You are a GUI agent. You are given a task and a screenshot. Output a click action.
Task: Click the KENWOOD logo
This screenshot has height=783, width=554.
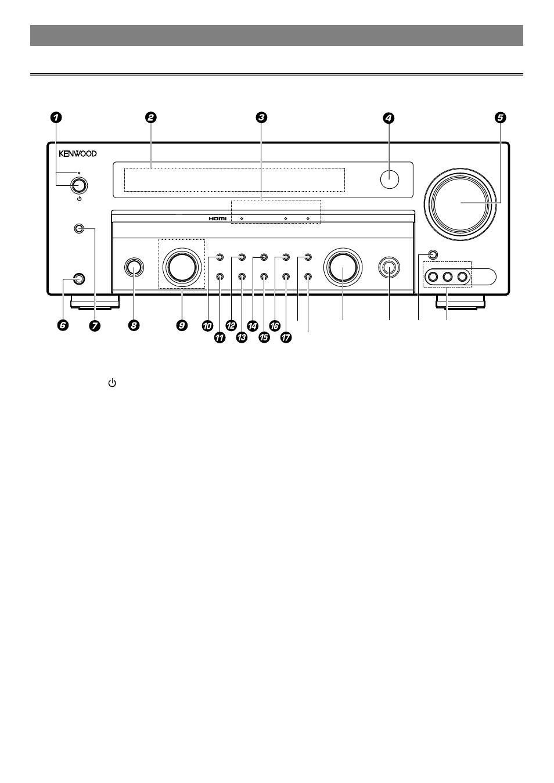(78, 153)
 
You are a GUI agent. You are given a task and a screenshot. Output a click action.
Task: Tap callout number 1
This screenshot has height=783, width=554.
(56, 117)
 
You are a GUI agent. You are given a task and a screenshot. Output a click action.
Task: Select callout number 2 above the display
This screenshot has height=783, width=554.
(150, 117)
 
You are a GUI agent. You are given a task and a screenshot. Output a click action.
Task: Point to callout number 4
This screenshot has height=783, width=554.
(388, 118)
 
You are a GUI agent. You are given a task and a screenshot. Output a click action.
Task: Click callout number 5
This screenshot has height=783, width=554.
(500, 117)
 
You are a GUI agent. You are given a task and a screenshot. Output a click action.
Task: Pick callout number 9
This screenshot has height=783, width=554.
(182, 325)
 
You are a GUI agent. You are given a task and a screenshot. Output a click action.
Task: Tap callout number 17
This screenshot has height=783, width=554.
(286, 337)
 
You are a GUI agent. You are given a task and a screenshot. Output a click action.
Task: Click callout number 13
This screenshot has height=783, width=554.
(242, 337)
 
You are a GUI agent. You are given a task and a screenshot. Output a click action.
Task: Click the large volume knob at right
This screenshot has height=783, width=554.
(460, 204)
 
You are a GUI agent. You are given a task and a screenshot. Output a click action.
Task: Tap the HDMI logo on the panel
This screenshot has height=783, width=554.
(217, 218)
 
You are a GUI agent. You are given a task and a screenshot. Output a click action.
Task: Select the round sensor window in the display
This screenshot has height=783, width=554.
(390, 179)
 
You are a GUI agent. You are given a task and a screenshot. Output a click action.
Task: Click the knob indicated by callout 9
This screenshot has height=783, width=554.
(182, 267)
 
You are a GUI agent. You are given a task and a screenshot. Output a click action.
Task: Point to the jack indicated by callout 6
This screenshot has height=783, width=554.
(80, 279)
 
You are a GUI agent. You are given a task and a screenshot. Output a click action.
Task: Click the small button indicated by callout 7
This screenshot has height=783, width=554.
(80, 229)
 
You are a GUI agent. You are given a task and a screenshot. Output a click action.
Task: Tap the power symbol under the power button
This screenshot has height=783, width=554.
(80, 199)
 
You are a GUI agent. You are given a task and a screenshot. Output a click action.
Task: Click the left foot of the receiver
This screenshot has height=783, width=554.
(95, 303)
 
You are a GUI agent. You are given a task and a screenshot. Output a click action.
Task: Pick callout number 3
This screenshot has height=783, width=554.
(261, 117)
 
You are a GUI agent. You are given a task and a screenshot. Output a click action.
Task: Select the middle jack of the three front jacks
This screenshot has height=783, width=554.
(447, 277)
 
